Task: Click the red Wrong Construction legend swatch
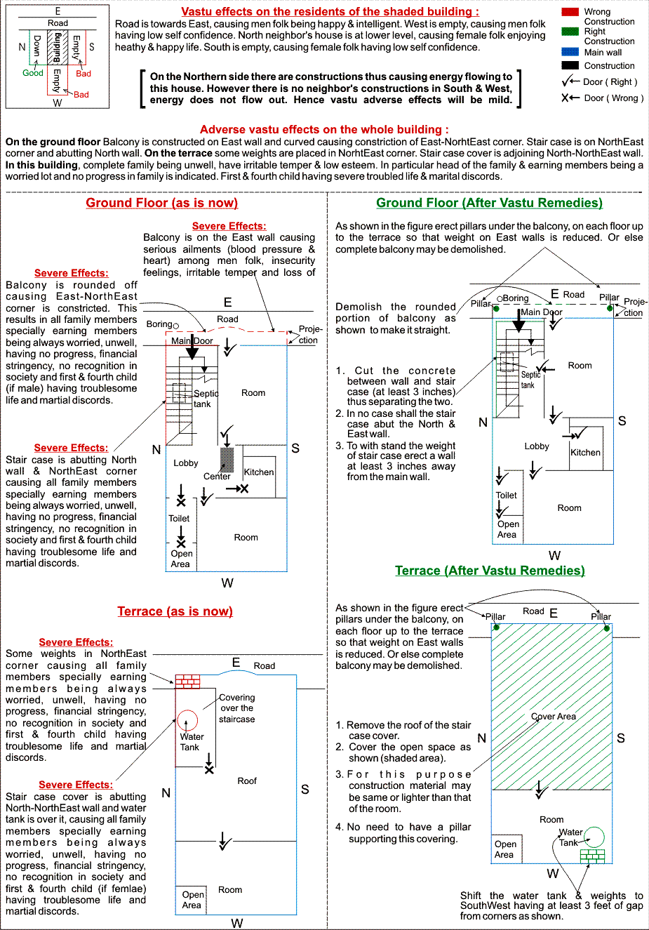click(x=570, y=12)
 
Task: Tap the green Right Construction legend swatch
click(x=570, y=31)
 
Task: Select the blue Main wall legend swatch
click(x=570, y=52)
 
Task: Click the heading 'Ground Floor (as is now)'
click(x=162, y=203)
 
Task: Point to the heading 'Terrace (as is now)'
click(x=175, y=611)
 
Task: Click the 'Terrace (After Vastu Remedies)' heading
click(x=490, y=571)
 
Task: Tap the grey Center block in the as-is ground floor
click(x=227, y=460)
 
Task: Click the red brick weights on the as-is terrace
click(x=187, y=681)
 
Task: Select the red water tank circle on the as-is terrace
click(x=187, y=721)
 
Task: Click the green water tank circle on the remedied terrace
click(x=594, y=837)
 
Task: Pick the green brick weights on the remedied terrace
click(x=592, y=856)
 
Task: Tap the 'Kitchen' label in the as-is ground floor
click(x=259, y=472)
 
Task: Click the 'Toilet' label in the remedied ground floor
click(x=507, y=495)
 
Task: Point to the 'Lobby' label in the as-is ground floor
click(x=186, y=463)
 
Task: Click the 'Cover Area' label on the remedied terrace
click(x=554, y=717)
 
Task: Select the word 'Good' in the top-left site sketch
click(x=33, y=73)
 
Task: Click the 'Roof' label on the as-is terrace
click(x=247, y=780)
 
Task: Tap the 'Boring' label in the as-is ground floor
click(x=159, y=324)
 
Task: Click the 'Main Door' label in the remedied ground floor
click(x=542, y=312)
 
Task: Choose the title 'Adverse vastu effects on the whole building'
click(x=324, y=129)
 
